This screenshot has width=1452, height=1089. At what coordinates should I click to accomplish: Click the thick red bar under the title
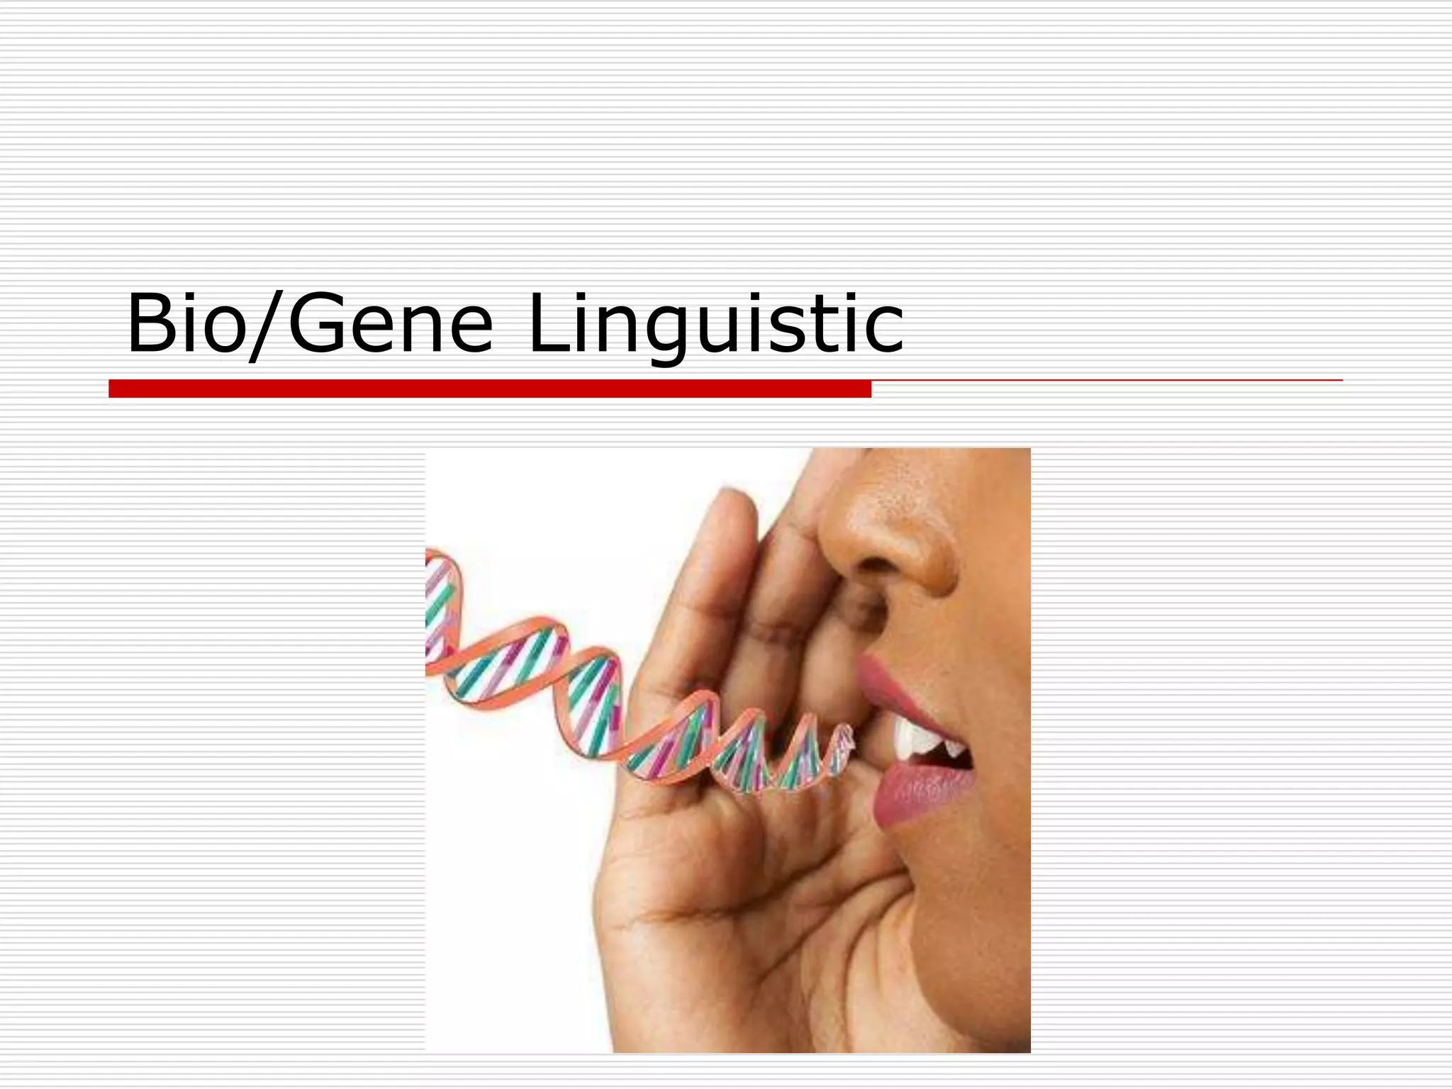489,389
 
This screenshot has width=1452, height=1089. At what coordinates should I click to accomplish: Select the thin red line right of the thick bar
1106,381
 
